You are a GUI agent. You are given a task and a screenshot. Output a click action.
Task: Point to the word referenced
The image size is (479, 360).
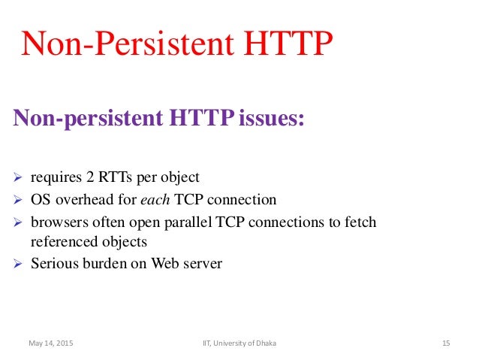pos(61,242)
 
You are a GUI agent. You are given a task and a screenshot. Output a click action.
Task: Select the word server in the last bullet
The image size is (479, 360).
pos(203,264)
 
